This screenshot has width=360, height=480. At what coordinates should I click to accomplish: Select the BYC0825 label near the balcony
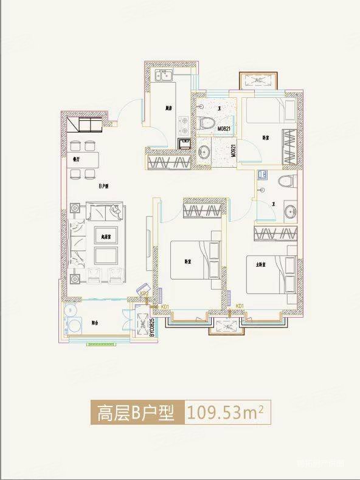click(x=144, y=328)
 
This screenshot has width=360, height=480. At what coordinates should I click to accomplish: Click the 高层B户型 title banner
click(x=135, y=414)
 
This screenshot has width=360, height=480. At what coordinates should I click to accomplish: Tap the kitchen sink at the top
click(x=163, y=76)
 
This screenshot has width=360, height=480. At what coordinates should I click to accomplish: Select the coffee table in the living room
click(x=101, y=251)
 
